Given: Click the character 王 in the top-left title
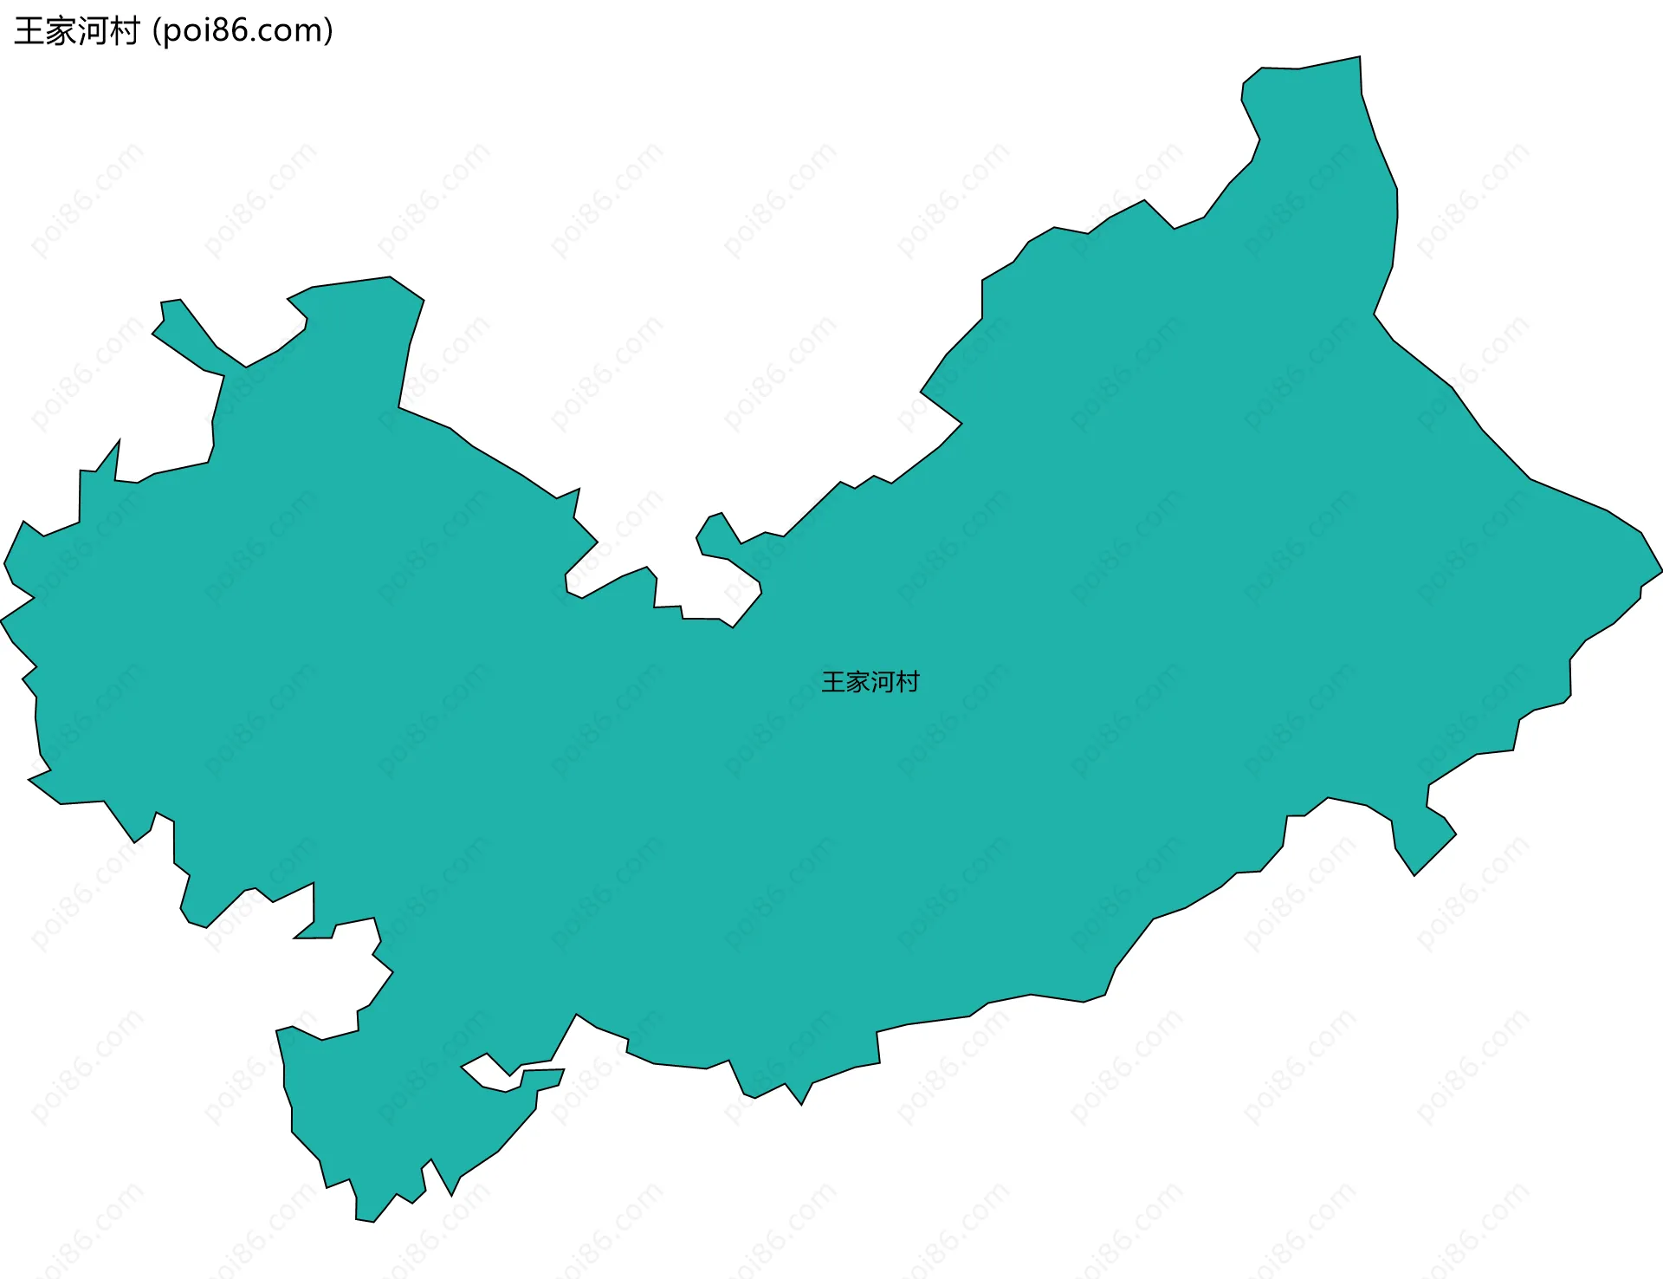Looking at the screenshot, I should pyautogui.click(x=29, y=31).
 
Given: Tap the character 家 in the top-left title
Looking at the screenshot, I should pyautogui.click(x=61, y=31).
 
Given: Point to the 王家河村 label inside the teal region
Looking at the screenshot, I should pyautogui.click(x=870, y=682).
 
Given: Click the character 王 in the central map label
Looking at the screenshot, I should pyautogui.click(x=833, y=682).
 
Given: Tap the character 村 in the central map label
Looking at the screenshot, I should pyautogui.click(x=908, y=682).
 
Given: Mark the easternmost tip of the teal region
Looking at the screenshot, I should pyautogui.click(x=1660, y=572).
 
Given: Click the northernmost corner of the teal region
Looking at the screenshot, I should pyautogui.click(x=1359, y=58).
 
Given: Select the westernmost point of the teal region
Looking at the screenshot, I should pyautogui.click(x=3, y=620).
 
